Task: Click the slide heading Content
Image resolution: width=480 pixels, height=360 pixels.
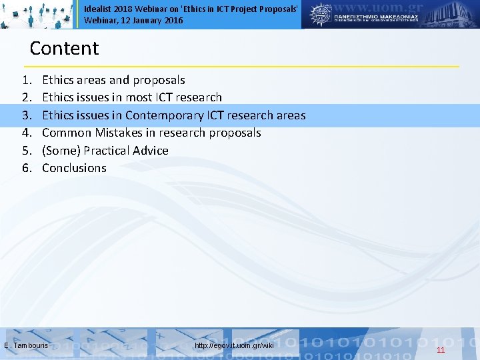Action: [x=64, y=49]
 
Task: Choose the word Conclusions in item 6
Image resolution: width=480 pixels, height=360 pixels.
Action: [x=74, y=168]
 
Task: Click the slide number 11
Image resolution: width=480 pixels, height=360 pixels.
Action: [x=441, y=350]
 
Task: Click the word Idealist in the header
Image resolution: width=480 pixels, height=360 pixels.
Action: [x=97, y=9]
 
